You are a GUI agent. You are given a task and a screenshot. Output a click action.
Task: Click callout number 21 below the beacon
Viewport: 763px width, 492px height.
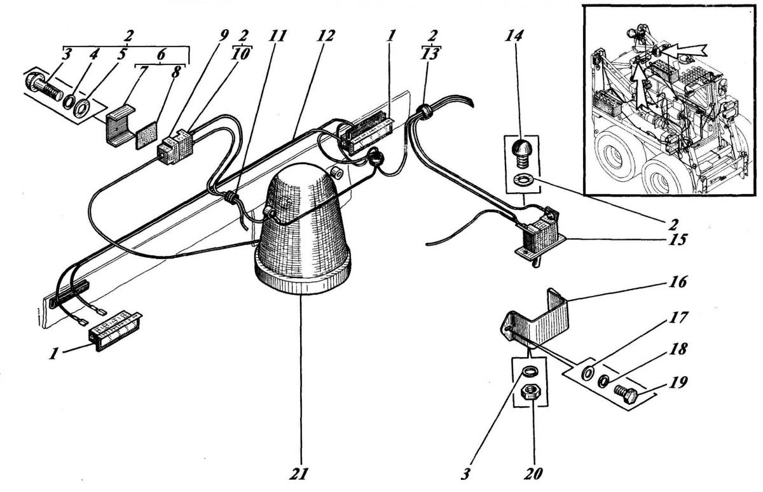pyautogui.click(x=298, y=474)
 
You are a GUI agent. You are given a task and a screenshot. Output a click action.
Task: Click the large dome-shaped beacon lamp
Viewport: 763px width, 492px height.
pyautogui.click(x=302, y=231)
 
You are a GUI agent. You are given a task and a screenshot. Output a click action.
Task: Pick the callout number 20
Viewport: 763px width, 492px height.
pyautogui.click(x=533, y=474)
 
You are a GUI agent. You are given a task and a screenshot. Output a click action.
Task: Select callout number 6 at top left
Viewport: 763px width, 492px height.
pyautogui.click(x=162, y=55)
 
